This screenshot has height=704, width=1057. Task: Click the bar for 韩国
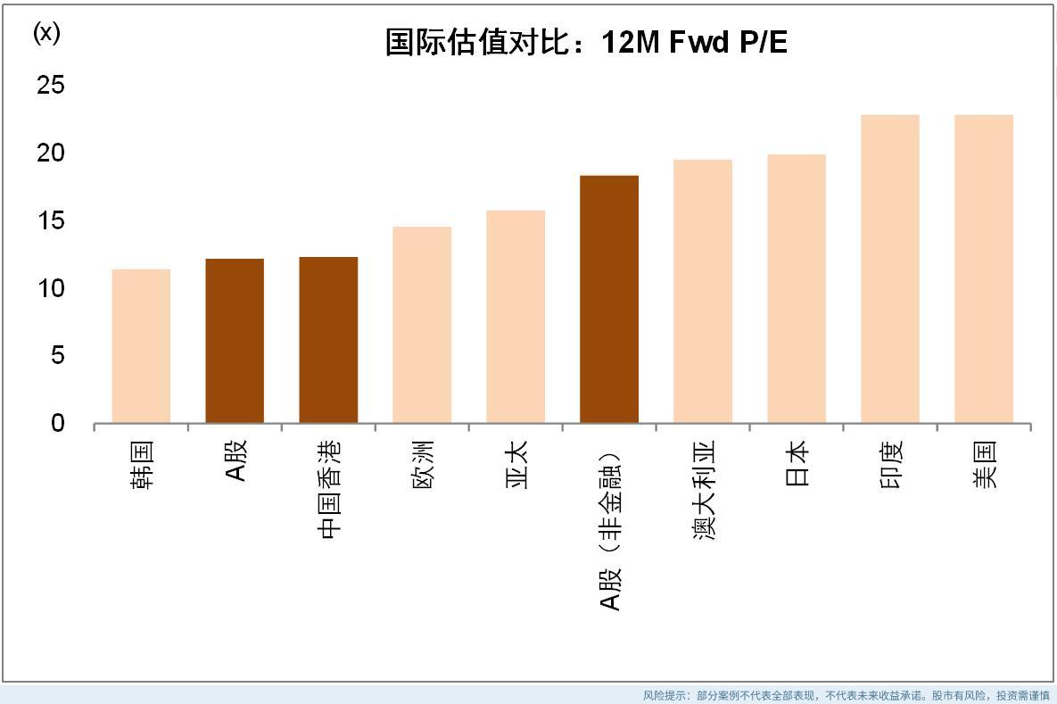(x=141, y=346)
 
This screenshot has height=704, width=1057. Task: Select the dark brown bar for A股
(x=235, y=341)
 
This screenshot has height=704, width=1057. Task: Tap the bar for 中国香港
(x=328, y=340)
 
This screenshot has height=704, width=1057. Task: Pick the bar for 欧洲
(x=422, y=325)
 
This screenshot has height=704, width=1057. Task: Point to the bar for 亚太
(x=516, y=317)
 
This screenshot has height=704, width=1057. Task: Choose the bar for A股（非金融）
(x=609, y=299)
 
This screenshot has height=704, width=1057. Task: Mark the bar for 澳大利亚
(x=703, y=291)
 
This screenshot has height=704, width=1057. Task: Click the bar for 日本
(x=797, y=288)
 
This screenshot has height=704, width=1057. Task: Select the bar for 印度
(x=890, y=269)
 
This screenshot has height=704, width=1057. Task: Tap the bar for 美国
(x=984, y=269)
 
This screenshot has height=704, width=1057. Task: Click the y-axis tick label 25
(x=51, y=86)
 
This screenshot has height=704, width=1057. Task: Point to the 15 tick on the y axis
(x=51, y=220)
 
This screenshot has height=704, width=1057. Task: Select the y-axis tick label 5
(x=57, y=356)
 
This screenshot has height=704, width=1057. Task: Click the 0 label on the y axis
(x=58, y=424)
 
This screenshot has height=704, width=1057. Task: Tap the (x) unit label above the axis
(x=46, y=33)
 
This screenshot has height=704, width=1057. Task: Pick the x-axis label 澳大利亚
(x=704, y=492)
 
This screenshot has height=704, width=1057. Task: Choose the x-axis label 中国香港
(x=329, y=492)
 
